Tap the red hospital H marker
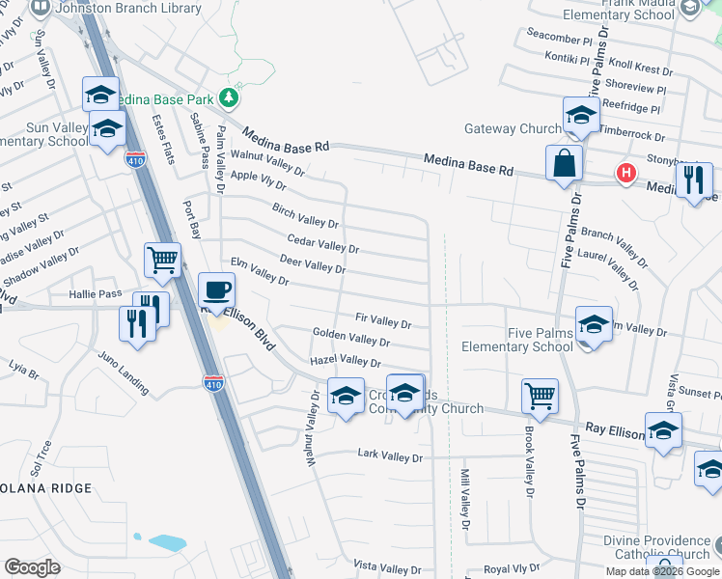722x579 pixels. (x=625, y=174)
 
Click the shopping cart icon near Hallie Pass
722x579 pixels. (x=162, y=259)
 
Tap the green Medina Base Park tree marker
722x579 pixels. (x=228, y=96)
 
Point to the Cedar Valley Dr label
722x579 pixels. (x=323, y=242)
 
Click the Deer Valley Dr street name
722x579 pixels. (x=312, y=263)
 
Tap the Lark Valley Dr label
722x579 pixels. (x=390, y=454)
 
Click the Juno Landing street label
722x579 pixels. (x=124, y=372)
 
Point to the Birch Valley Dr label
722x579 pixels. (x=305, y=215)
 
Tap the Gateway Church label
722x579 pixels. (x=513, y=129)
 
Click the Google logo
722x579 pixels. (x=33, y=566)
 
